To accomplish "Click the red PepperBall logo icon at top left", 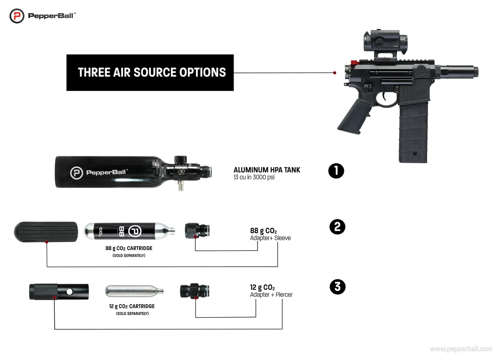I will [17, 16].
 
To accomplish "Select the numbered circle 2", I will [337, 228].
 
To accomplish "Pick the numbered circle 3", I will [337, 287].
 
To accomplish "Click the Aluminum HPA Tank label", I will [267, 170].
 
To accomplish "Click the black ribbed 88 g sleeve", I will [47, 232].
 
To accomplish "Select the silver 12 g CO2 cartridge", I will [134, 291].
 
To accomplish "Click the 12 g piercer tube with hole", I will [59, 292].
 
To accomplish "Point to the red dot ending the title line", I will [334, 73].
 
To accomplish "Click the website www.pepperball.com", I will [461, 349].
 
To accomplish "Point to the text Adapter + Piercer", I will [271, 295].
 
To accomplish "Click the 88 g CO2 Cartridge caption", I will [129, 249].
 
